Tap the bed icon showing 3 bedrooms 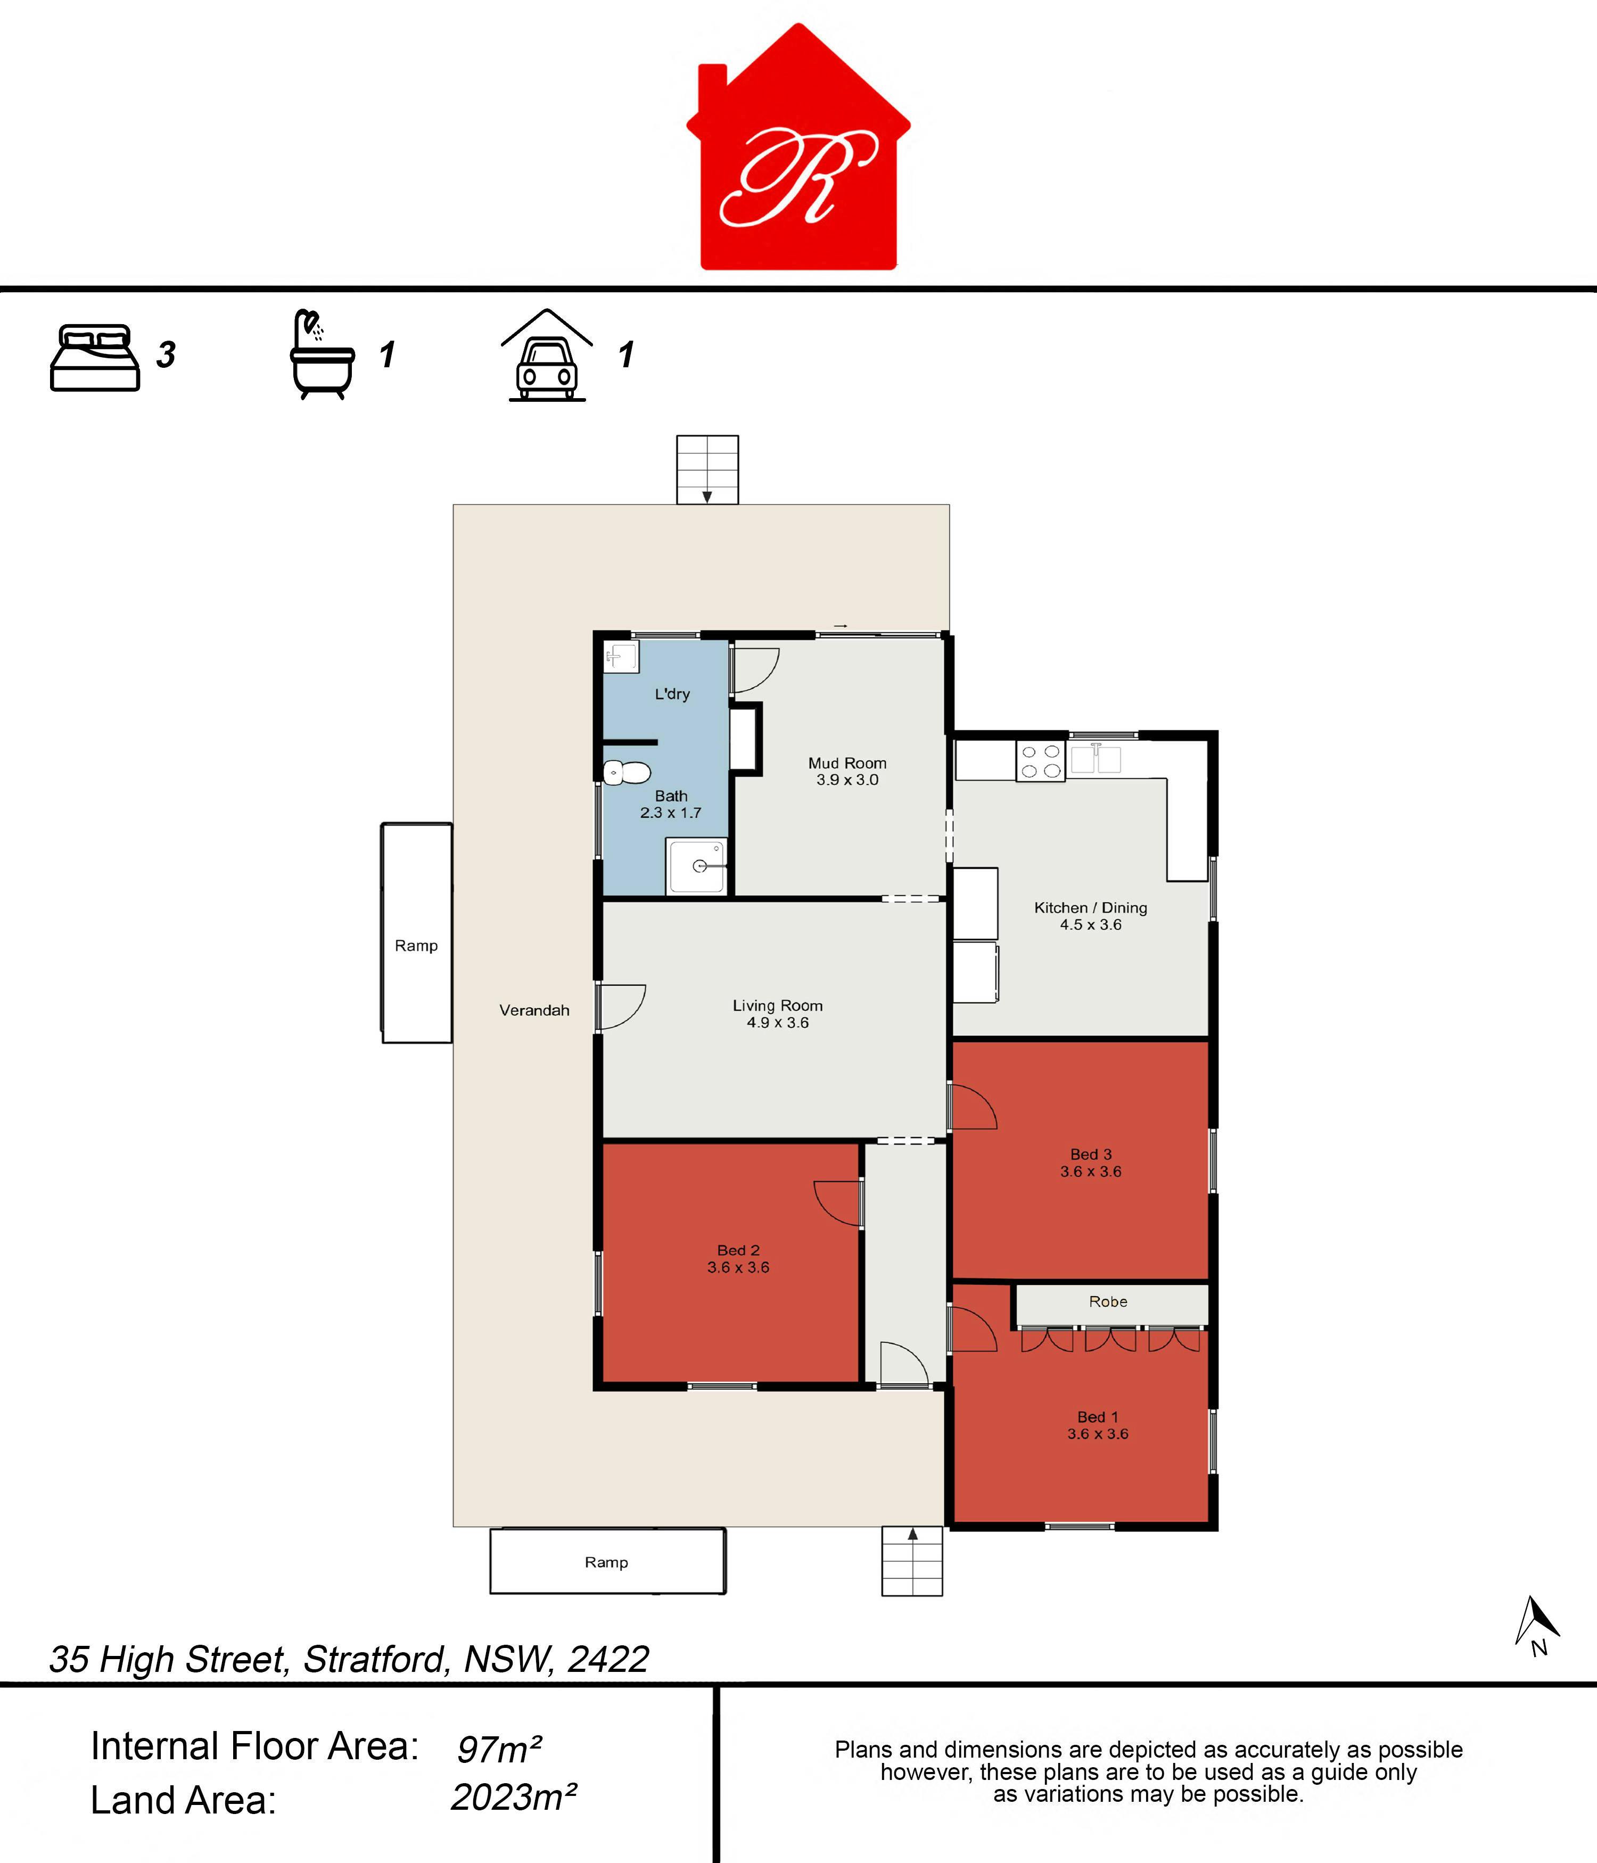click(x=94, y=357)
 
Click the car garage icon click(x=547, y=355)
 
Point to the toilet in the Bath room click(x=627, y=772)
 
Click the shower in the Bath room click(x=696, y=866)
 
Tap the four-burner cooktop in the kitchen click(x=1040, y=761)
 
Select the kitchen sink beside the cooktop click(x=1095, y=759)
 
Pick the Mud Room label click(x=847, y=763)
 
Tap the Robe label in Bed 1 click(x=1108, y=1301)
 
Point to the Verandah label click(x=534, y=1010)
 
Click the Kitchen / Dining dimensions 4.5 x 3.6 click(x=1091, y=924)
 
